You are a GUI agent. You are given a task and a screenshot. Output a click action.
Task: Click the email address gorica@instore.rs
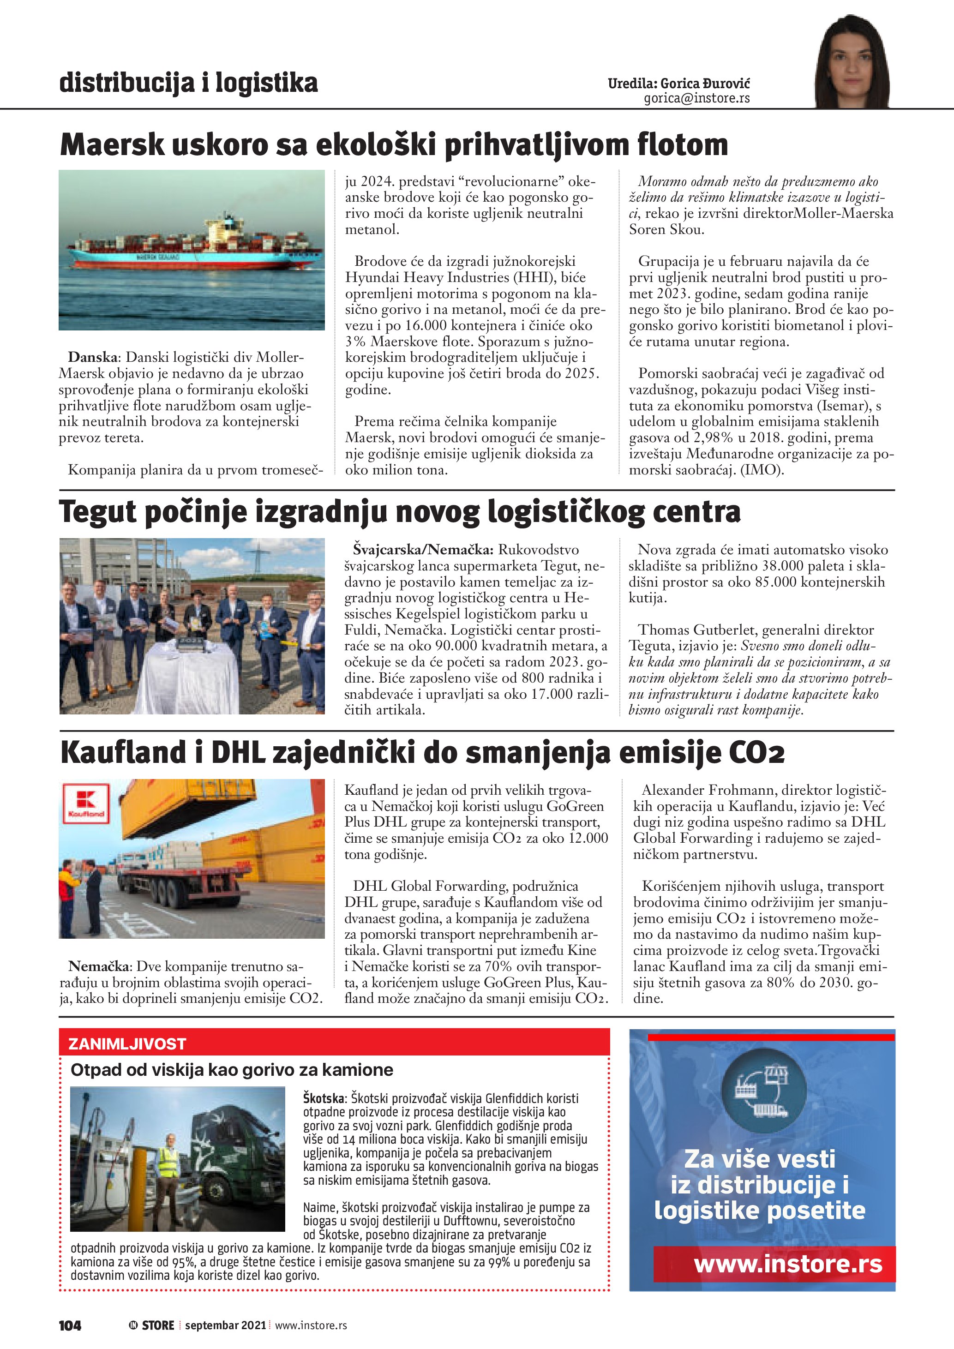coord(697,98)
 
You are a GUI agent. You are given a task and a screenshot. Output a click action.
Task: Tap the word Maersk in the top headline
coord(112,144)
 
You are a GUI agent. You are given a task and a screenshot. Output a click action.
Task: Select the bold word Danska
coord(92,357)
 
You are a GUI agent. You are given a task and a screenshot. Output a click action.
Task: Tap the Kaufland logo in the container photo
coord(86,803)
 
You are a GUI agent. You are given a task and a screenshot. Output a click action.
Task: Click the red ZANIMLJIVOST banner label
coord(127,1043)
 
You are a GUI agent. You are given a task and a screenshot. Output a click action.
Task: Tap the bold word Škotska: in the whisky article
coord(325,1098)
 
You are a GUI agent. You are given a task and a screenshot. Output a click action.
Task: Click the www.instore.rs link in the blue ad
coord(788,1264)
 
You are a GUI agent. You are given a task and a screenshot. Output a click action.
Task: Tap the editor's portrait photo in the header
coord(852,62)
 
